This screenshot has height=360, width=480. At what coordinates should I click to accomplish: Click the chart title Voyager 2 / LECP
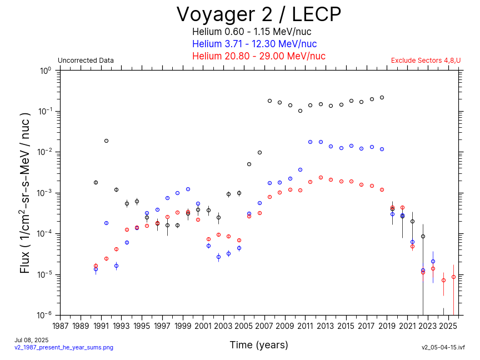[x=258, y=14]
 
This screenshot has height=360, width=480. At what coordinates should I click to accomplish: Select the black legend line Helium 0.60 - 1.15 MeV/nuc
[x=258, y=32]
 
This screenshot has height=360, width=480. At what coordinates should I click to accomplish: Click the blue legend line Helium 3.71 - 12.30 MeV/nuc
[x=254, y=44]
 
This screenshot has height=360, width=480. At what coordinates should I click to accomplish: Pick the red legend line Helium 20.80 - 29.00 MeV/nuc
[x=258, y=56]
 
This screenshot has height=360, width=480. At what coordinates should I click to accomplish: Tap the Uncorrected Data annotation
[x=86, y=61]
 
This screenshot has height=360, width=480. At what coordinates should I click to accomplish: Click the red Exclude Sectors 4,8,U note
[x=426, y=61]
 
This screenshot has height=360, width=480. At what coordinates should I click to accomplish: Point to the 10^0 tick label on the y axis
[x=45, y=71]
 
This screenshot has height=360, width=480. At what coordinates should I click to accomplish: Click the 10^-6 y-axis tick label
[x=44, y=315]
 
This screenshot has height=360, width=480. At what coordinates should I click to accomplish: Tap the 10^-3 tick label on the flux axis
[x=44, y=193]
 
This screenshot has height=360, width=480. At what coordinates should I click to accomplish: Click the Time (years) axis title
[x=259, y=345]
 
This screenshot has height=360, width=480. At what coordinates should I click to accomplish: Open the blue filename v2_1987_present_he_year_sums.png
[x=64, y=347]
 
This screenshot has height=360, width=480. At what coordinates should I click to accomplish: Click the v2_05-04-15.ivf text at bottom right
[x=443, y=347]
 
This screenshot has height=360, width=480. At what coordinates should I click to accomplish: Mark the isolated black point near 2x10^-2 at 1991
[x=106, y=141]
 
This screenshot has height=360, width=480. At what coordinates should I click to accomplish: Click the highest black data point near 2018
[x=382, y=97]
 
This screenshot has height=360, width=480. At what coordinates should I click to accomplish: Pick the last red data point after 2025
[x=453, y=277]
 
